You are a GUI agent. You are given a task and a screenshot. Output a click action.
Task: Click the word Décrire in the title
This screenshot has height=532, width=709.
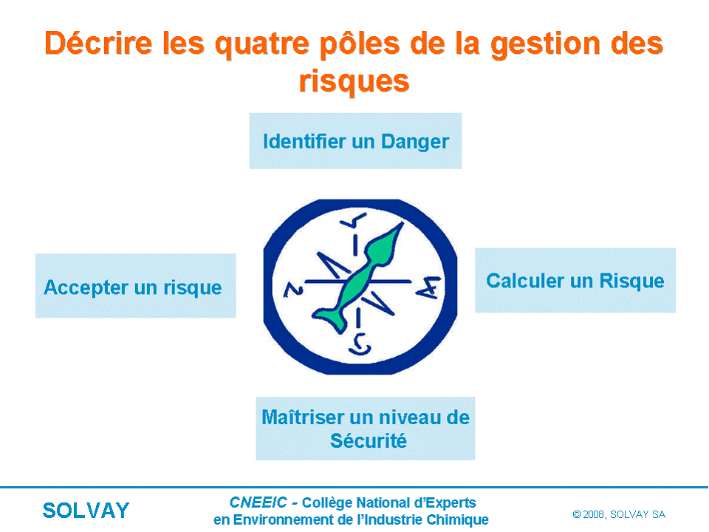click(98, 44)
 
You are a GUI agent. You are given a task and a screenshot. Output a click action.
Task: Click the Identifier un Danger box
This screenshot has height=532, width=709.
click(355, 140)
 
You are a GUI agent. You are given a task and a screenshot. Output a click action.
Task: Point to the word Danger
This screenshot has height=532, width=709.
click(415, 142)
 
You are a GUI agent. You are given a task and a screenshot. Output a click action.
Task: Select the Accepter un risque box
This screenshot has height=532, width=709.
click(136, 285)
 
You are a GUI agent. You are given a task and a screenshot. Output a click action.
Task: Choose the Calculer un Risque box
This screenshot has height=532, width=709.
click(575, 280)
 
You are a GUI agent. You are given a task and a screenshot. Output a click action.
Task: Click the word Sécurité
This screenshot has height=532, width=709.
click(368, 440)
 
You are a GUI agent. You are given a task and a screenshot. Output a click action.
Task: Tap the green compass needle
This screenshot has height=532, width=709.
click(358, 279)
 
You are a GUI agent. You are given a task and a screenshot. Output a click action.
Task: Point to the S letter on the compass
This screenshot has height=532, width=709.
click(360, 344)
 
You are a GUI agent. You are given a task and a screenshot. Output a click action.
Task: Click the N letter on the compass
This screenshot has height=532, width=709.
click(293, 290)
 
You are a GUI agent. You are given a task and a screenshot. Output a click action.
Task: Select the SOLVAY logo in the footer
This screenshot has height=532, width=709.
click(86, 511)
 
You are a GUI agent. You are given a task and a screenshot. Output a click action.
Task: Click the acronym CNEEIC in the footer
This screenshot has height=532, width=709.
click(258, 502)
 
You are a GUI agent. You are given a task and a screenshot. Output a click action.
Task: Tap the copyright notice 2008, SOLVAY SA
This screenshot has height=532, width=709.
click(619, 514)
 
